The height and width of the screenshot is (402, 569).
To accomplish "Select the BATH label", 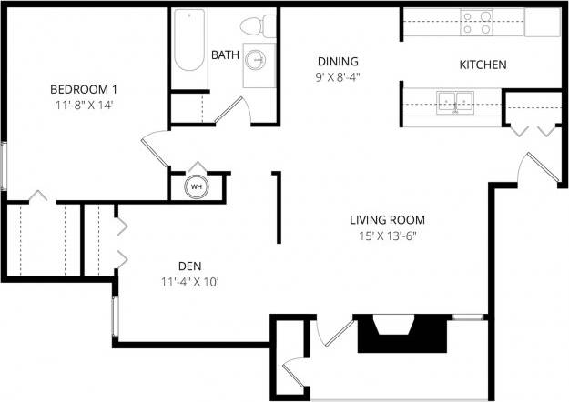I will (225, 55).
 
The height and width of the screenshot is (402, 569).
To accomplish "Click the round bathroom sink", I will (259, 62).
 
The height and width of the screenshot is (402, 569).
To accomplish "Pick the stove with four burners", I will (477, 22).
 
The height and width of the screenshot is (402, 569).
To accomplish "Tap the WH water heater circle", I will (196, 187).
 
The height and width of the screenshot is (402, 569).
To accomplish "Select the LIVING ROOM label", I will (387, 220).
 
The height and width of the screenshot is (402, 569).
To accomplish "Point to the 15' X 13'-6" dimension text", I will (387, 236).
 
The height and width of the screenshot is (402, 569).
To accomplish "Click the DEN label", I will (189, 266).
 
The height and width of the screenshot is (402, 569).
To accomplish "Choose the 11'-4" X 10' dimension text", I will (189, 281).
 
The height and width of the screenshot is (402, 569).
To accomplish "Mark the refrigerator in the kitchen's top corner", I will (542, 22).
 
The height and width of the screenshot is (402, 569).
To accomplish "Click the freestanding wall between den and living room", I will (277, 207).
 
